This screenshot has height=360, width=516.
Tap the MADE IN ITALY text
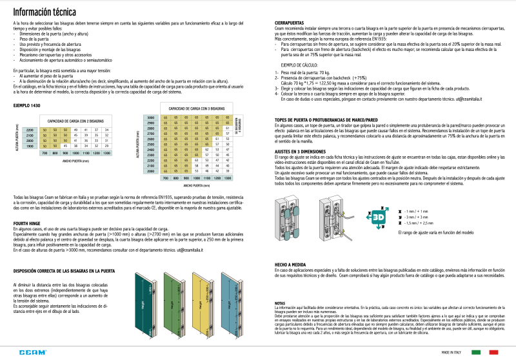coord(451,352)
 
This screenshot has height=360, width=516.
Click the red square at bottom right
coord(495,352)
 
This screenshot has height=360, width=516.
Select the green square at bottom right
coord(477,352)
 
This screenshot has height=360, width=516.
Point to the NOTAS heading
coord(279,303)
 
